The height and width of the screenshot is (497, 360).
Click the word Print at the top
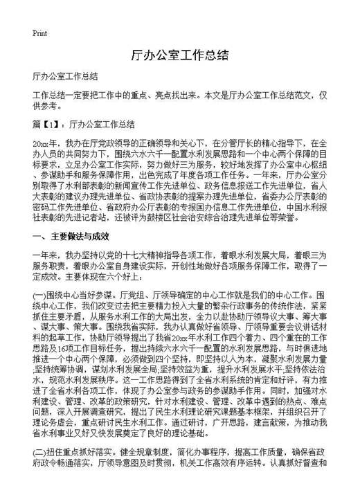coord(39,33)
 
